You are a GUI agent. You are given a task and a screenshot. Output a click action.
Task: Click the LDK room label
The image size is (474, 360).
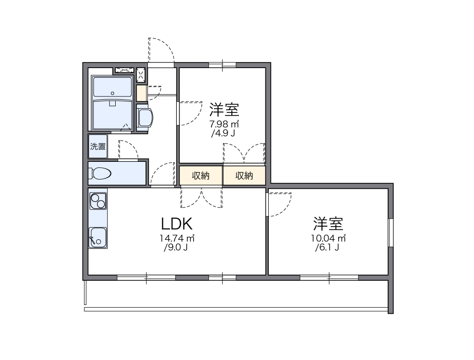coord(177,224)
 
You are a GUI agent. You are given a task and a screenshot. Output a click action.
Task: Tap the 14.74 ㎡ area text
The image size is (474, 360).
coord(177,238)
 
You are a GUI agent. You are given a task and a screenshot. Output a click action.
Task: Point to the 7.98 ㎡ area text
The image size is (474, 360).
coord(224,124)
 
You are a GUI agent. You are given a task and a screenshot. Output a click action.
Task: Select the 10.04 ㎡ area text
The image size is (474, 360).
coord(328,238)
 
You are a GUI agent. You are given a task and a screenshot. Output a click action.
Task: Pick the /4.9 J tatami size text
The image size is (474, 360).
coord(223,134)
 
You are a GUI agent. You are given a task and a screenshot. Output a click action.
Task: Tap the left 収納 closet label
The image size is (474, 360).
coord(201,176)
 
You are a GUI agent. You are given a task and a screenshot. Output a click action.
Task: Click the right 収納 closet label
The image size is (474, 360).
coord(244,176)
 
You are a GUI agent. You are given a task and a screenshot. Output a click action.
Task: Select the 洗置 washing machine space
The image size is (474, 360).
coord(98,146)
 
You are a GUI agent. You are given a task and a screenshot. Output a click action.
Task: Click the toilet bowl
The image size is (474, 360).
coord(101,173)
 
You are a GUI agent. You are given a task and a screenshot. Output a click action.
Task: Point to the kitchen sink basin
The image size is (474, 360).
coord(98,237)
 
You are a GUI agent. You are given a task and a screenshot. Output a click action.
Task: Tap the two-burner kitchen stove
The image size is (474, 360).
coord(98,201)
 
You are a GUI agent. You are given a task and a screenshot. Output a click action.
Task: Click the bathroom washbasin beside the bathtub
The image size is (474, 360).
coord(145,118)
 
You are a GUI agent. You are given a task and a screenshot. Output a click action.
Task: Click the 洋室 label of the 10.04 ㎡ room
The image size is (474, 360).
coord(328,224)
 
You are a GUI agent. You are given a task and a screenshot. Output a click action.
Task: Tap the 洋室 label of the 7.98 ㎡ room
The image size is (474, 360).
coord(224,110)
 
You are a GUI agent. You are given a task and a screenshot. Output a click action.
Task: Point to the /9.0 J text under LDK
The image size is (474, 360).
coord(176,248)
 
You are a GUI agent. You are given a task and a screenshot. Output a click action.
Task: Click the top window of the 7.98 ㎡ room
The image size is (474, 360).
coord(223,65)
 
